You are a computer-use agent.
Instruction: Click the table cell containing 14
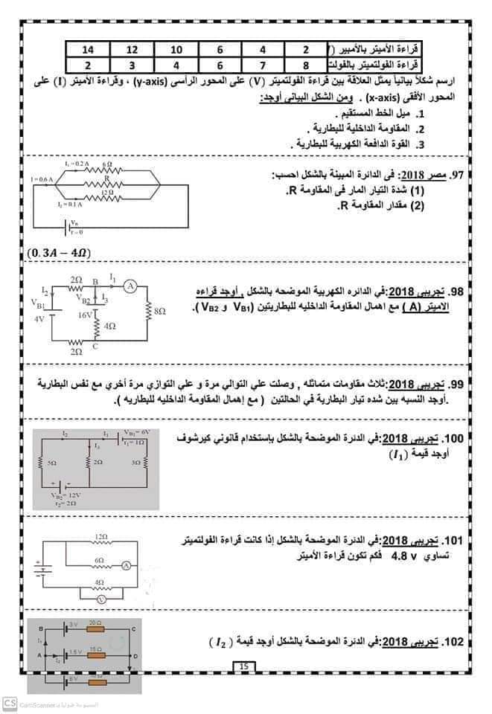click(88, 49)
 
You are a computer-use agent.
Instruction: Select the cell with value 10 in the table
click(176, 49)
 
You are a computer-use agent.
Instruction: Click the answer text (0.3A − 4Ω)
click(58, 253)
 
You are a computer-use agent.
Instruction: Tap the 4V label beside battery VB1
click(40, 319)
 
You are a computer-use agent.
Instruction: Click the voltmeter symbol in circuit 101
click(104, 596)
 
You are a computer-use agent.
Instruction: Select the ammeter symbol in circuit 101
click(126, 566)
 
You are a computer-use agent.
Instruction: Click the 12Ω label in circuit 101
click(101, 535)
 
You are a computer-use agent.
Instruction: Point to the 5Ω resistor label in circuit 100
click(51, 463)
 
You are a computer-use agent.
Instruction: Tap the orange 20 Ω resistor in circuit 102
click(95, 628)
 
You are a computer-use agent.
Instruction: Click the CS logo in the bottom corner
click(10, 703)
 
